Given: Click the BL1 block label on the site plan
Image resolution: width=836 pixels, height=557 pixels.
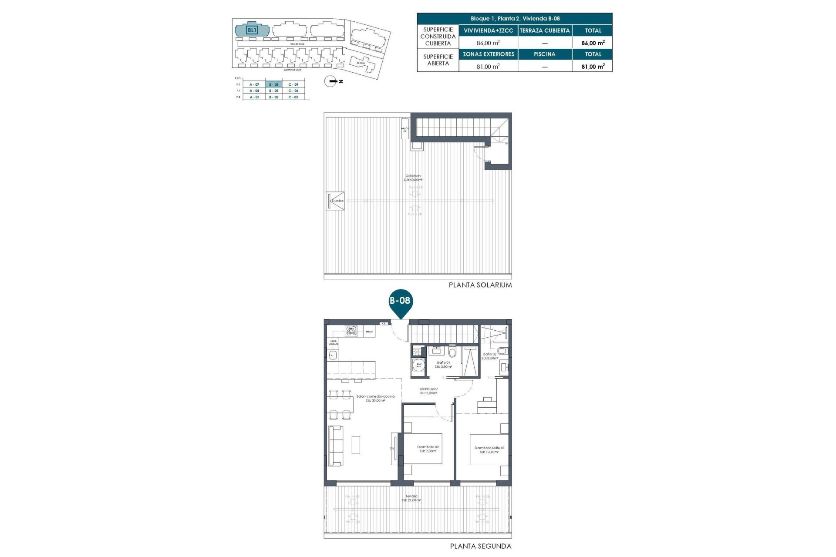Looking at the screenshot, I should pos(252,30).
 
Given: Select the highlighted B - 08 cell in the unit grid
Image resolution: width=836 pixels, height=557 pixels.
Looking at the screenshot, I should pos(273,84).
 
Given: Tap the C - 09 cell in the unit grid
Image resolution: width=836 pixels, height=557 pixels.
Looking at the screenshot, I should pos(293,84).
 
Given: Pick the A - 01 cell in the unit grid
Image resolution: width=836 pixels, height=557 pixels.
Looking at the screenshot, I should pos(254,97).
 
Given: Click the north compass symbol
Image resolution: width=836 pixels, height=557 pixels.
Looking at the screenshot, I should pos(330,81).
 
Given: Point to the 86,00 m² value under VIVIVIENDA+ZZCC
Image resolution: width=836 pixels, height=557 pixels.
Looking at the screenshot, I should pos(488,43).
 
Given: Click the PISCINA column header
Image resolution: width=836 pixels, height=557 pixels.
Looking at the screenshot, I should pos(544,54).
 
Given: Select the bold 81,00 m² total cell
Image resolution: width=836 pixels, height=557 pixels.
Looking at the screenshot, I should pos(593,67).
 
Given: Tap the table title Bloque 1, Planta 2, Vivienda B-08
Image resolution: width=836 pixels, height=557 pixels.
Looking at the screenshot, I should pos(515,19).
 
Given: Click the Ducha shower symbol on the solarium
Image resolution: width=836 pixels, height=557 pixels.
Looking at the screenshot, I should pos(337,201).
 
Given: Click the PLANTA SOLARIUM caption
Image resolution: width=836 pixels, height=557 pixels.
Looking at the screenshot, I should pos(480,285).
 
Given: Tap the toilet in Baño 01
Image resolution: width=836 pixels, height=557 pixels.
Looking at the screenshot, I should pos(452,351).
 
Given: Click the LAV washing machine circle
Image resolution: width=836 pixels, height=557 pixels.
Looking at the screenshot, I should pos(419,365).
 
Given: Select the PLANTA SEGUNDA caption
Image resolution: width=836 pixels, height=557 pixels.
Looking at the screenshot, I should pos(480,546).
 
